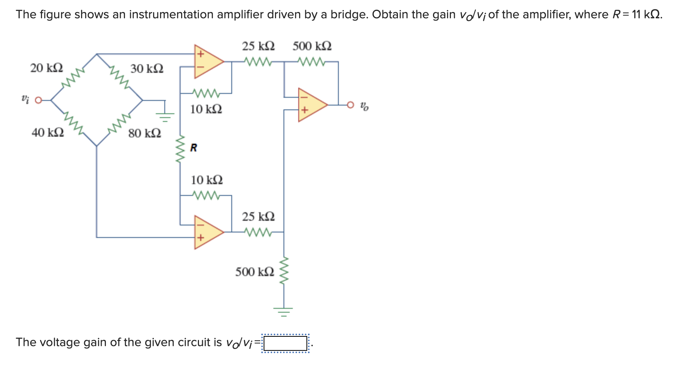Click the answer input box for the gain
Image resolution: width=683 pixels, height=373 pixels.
[x=285, y=343]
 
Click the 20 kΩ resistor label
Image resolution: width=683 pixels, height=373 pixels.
[x=46, y=68]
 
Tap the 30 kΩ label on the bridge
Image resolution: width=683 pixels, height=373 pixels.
[x=147, y=69]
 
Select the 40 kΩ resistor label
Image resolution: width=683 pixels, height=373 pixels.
[x=48, y=132]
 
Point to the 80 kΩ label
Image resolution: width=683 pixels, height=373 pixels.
[x=144, y=133]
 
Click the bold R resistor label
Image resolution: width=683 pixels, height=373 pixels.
[x=194, y=148]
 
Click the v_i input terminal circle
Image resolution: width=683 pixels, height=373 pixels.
[x=38, y=100]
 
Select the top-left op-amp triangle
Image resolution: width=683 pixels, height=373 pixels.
[x=207, y=62]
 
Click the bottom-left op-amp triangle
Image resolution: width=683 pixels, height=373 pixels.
[x=207, y=232]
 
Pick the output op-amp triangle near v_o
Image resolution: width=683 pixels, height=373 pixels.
[x=311, y=105]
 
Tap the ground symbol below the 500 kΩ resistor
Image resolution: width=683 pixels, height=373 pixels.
[x=284, y=311]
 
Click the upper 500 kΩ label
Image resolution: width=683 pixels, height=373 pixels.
[x=312, y=46]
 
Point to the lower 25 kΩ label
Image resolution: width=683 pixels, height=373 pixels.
[x=258, y=216]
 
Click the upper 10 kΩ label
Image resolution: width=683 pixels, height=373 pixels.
[x=206, y=109]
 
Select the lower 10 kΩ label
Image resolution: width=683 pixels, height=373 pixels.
[x=207, y=180]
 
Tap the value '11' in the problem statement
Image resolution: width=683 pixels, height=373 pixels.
[x=636, y=14]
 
